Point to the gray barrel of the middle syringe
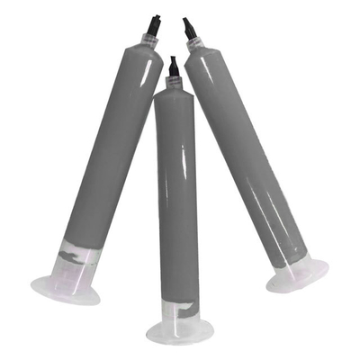pyautogui.click(x=176, y=198)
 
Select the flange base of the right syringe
pyautogui.click(x=297, y=274)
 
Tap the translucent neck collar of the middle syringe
pyautogui.click(x=174, y=80)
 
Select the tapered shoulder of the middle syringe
pyautogui.click(x=174, y=89)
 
